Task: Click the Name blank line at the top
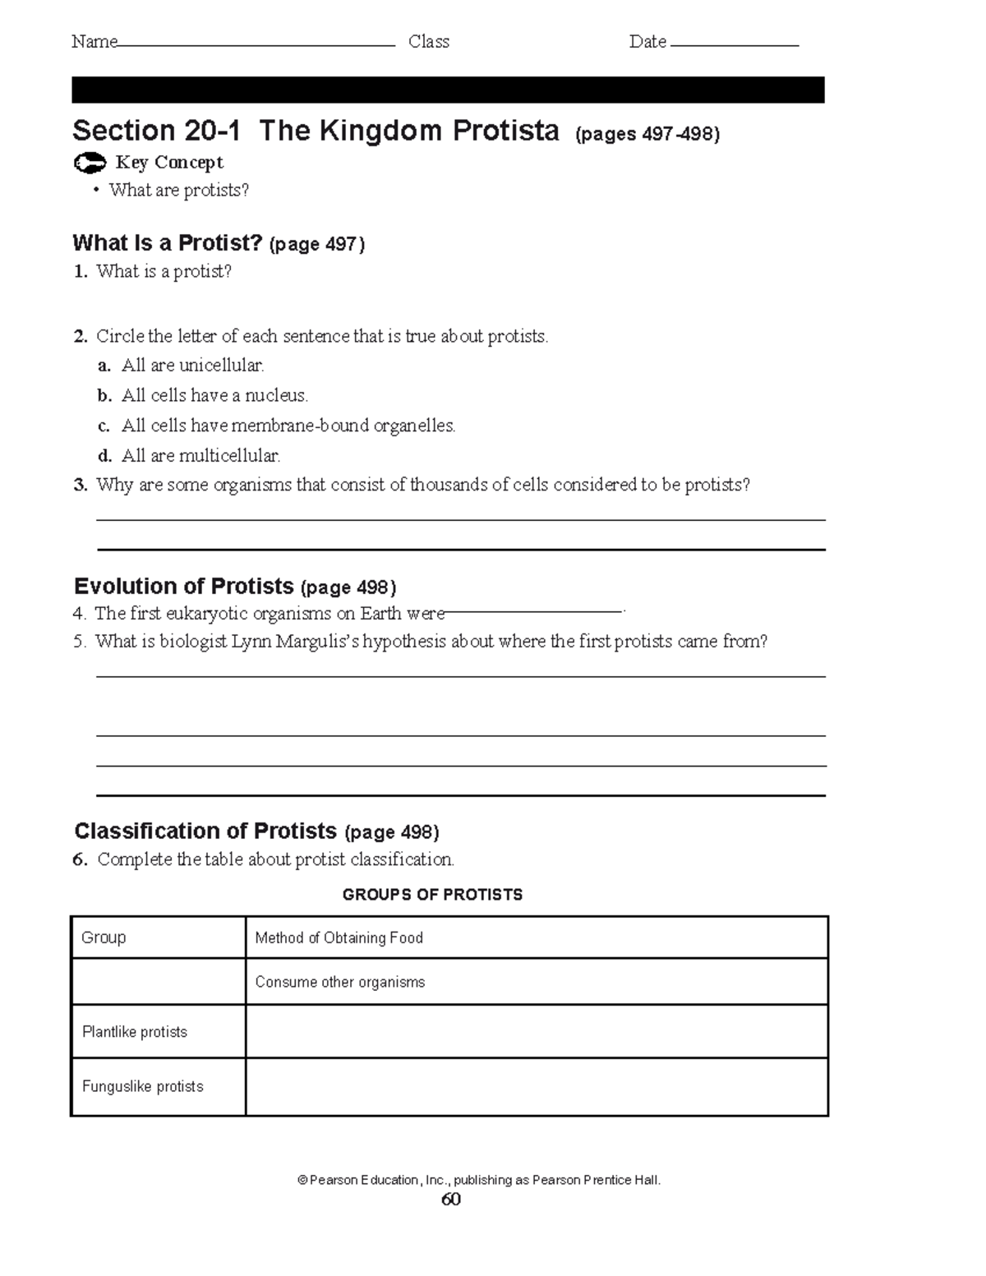point(256,45)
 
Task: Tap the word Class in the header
point(429,42)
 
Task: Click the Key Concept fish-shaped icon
point(89,164)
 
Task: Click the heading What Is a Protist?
point(168,243)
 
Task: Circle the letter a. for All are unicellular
point(104,366)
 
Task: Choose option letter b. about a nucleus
point(104,396)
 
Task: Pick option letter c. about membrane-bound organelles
point(104,426)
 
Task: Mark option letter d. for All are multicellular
point(104,456)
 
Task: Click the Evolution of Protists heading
point(184,587)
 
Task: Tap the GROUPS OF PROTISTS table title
point(432,895)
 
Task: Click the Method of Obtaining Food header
point(339,938)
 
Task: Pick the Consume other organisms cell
point(339,982)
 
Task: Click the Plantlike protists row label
point(135,1032)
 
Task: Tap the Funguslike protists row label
point(142,1086)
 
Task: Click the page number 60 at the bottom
point(450,1200)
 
